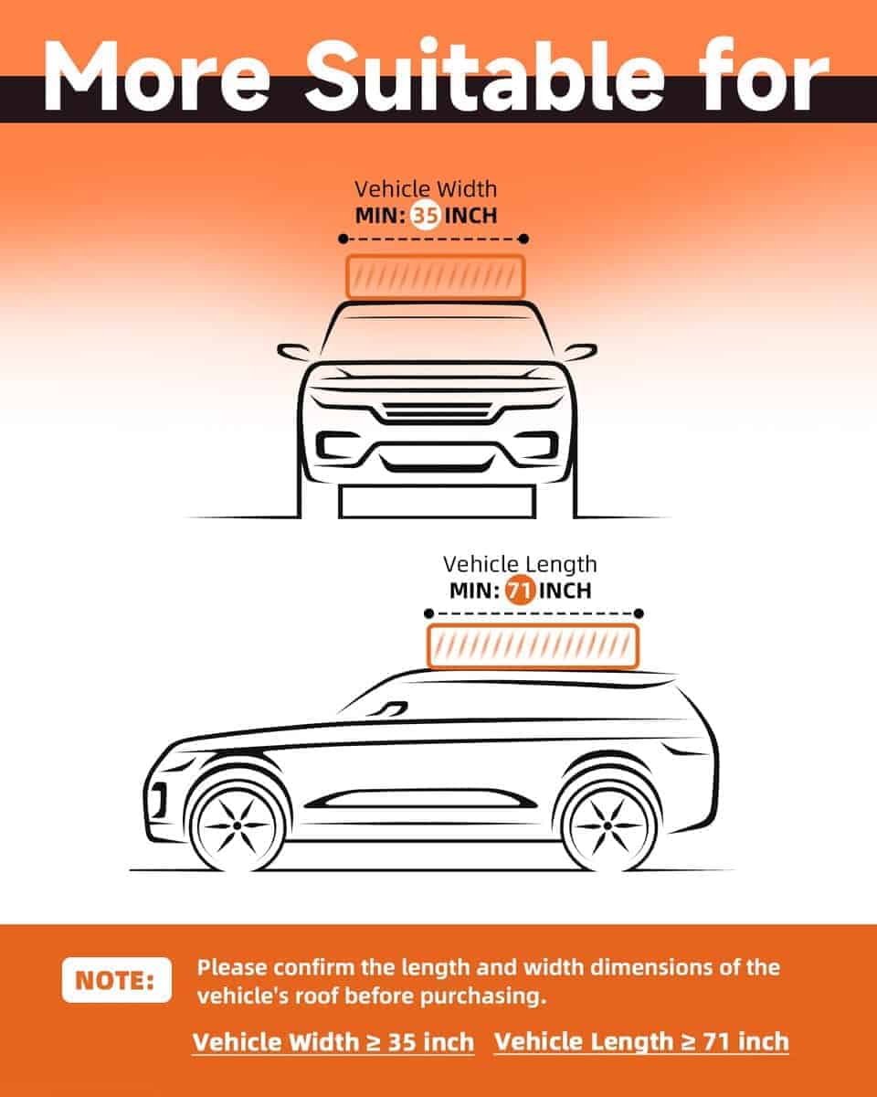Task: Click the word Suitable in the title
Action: (485, 72)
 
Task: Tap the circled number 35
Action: (426, 217)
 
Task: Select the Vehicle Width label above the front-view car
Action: (426, 189)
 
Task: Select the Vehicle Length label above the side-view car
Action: (520, 563)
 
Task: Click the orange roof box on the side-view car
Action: (533, 646)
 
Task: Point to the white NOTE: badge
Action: (116, 980)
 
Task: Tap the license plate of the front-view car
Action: (437, 502)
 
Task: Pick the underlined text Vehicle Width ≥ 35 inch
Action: (333, 1042)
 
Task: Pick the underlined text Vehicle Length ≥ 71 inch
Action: (641, 1042)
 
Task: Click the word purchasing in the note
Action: (488, 996)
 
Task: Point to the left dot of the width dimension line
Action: (343, 240)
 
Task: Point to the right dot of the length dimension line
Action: (639, 613)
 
